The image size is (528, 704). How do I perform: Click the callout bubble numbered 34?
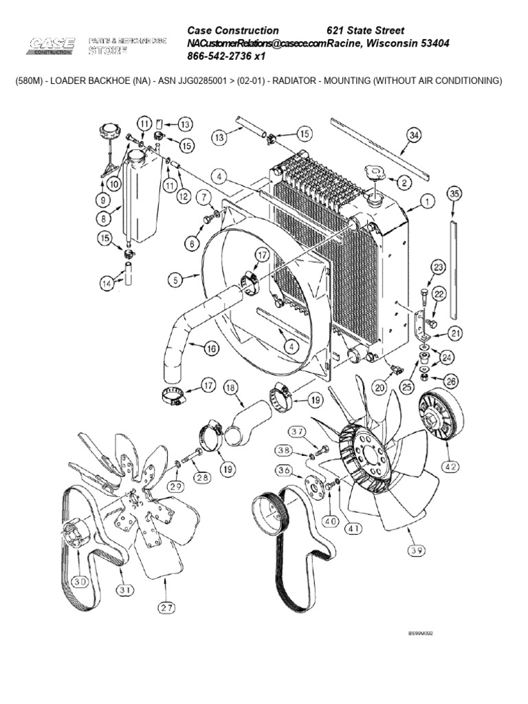(412, 136)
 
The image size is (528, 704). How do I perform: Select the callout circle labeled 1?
(426, 202)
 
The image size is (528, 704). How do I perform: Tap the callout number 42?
(450, 465)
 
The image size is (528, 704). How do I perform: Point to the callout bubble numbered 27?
(166, 606)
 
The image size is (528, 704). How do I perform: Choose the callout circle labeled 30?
(80, 580)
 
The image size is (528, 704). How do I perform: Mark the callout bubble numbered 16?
(212, 349)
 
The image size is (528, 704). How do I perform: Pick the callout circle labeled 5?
(176, 278)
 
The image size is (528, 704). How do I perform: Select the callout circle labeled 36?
(283, 470)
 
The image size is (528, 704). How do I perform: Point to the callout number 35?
(453, 195)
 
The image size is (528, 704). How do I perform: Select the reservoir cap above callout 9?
(109, 130)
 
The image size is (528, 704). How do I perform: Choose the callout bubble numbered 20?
(380, 387)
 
